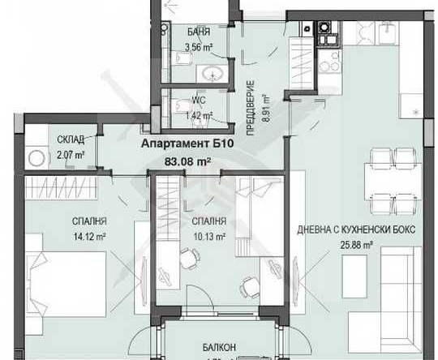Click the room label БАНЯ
198,32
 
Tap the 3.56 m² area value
198,46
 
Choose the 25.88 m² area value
356,245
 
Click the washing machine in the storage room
36,158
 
